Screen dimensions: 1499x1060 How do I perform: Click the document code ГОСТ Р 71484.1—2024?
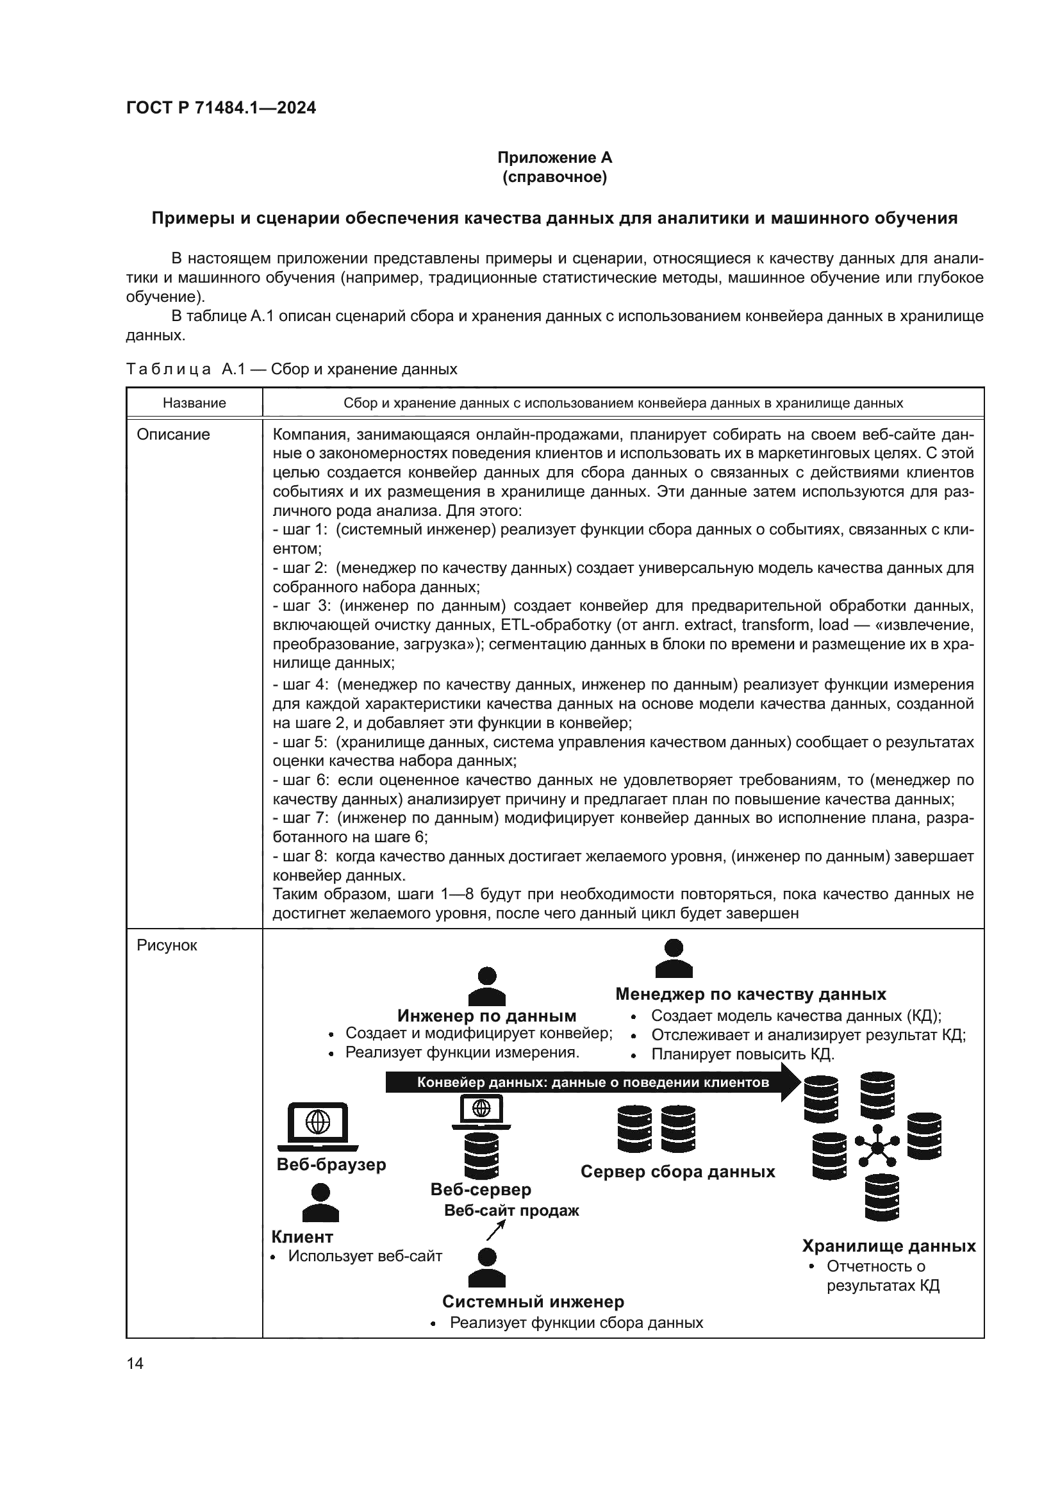point(220,108)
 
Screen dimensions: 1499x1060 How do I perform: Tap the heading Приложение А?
point(554,158)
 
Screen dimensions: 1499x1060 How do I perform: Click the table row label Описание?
point(173,435)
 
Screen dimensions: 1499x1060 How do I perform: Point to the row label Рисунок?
point(167,945)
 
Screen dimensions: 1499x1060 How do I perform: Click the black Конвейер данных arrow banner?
point(592,1082)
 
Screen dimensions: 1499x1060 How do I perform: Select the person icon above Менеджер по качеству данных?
point(673,958)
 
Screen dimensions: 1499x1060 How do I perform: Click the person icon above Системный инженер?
point(487,1267)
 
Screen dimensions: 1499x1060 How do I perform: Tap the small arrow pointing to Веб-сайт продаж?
point(496,1230)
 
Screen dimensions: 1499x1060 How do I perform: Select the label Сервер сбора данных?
point(677,1172)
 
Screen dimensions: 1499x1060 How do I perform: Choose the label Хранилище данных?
point(888,1246)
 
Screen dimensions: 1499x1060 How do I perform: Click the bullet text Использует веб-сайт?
point(365,1256)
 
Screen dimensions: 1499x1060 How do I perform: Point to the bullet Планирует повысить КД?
point(742,1054)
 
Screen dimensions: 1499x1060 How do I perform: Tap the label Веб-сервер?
point(481,1189)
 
